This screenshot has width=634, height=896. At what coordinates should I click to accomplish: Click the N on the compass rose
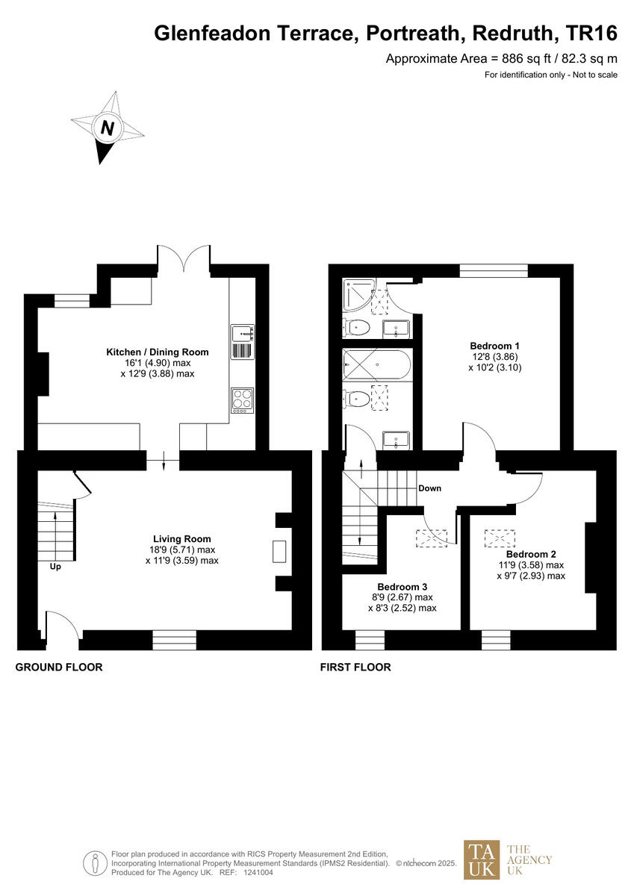point(108,128)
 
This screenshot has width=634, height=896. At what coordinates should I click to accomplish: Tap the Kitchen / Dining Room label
point(157,352)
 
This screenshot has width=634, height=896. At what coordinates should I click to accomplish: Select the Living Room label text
point(181,538)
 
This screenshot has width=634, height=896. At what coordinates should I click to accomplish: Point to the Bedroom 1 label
point(494,346)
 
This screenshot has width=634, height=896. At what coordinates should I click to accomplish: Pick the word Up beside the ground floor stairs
point(55,567)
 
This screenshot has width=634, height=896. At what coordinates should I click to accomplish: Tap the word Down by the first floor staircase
point(429,488)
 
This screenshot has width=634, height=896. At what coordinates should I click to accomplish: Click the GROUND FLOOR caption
point(59,667)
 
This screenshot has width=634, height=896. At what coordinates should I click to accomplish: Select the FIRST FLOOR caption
point(355,667)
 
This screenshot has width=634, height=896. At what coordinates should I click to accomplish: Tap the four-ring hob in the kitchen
point(243,399)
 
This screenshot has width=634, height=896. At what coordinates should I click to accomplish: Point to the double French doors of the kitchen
point(184,258)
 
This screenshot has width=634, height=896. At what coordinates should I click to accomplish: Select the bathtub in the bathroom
point(376,367)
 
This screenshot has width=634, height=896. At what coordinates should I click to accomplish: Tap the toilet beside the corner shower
point(358,326)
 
